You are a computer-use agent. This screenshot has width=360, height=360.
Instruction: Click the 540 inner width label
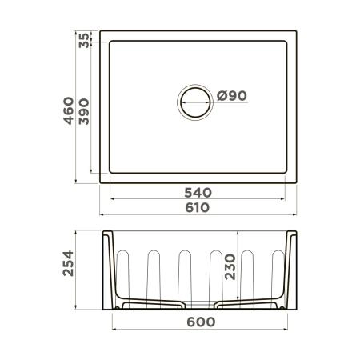(198, 192)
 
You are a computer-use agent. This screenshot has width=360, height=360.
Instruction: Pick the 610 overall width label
(198, 208)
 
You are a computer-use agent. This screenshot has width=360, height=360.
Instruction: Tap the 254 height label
(69, 270)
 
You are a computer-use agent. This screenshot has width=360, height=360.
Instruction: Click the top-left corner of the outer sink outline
(101, 31)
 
